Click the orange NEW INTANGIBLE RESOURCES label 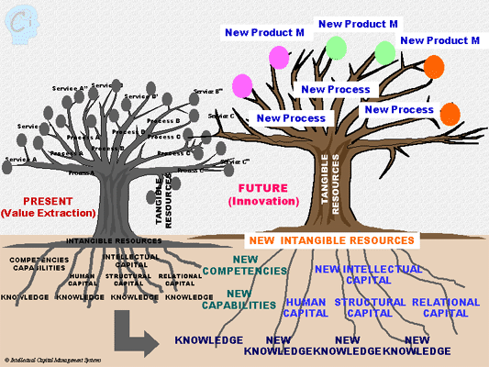tap(330, 240)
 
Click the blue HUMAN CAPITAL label tap(306, 307)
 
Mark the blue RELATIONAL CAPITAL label tap(445, 307)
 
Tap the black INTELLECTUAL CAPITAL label tap(128, 261)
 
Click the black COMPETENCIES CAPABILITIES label tap(39, 263)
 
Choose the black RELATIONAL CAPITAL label tap(180, 279)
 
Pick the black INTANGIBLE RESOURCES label tap(114, 241)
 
